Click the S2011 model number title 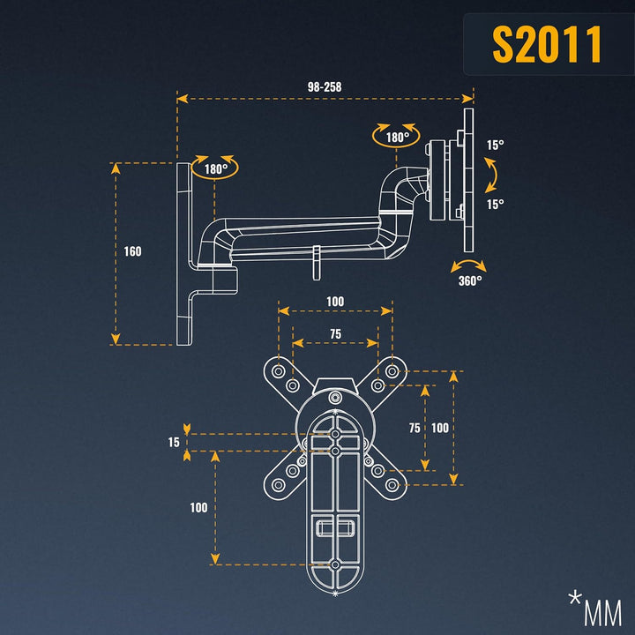(547, 44)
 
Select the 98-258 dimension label (325, 87)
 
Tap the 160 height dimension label (132, 251)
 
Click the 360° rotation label (470, 280)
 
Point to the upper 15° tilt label (495, 146)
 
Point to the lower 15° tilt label (495, 205)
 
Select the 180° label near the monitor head (396, 138)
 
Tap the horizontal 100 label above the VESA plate (335, 302)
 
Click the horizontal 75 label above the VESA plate (335, 334)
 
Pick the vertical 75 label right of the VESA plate (414, 427)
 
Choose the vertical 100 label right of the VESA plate (440, 427)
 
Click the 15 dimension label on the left (174, 442)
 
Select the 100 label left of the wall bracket (198, 507)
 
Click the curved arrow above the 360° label (467, 265)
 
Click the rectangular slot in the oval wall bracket (335, 527)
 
